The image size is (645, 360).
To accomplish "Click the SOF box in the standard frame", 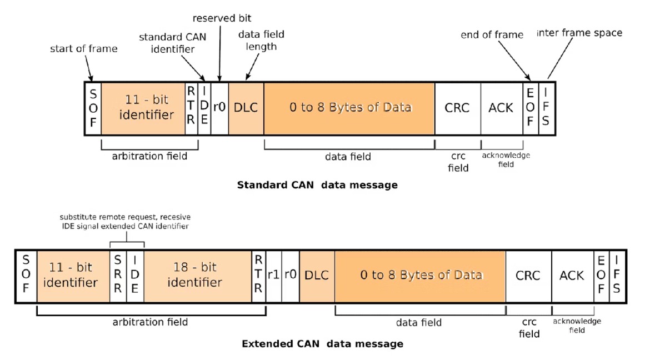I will [x=93, y=108].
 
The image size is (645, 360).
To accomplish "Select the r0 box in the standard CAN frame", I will [x=220, y=108].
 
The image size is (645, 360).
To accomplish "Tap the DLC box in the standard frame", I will [x=246, y=108].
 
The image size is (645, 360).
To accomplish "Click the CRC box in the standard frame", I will [x=457, y=108].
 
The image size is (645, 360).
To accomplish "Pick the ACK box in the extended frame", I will [x=572, y=276].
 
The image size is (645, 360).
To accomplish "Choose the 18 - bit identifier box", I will [x=198, y=276].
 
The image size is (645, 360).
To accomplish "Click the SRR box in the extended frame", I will [x=118, y=276].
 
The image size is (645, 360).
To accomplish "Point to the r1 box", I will [x=273, y=276].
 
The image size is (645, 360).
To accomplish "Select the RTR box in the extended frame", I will [x=258, y=276].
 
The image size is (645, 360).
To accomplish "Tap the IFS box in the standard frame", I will [x=547, y=108].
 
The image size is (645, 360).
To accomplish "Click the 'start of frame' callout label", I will [x=84, y=49].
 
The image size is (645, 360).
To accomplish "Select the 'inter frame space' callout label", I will [x=579, y=33].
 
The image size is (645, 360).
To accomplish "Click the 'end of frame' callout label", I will [x=492, y=35].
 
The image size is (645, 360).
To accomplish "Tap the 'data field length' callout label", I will [x=261, y=41].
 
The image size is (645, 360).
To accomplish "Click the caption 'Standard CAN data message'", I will [x=317, y=186].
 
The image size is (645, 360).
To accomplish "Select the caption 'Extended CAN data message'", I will [x=322, y=344].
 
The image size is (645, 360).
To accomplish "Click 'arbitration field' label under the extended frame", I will [x=150, y=322].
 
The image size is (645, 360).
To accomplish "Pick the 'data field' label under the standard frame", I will [x=348, y=157].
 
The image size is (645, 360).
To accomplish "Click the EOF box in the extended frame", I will [x=601, y=276].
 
